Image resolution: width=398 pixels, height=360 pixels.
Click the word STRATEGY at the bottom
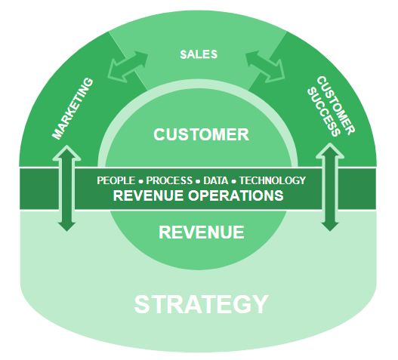201,304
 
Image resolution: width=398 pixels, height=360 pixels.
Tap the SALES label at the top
199,54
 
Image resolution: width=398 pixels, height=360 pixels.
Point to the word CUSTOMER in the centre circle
201,135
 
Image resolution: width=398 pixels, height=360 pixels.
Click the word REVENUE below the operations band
201,232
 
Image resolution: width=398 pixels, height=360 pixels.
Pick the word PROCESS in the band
169,180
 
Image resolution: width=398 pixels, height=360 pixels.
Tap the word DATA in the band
214,180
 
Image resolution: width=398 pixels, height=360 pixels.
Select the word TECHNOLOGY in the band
273,180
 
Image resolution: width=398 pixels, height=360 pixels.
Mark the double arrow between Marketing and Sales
127,66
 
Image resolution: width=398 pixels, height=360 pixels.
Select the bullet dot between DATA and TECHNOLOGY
234,181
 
